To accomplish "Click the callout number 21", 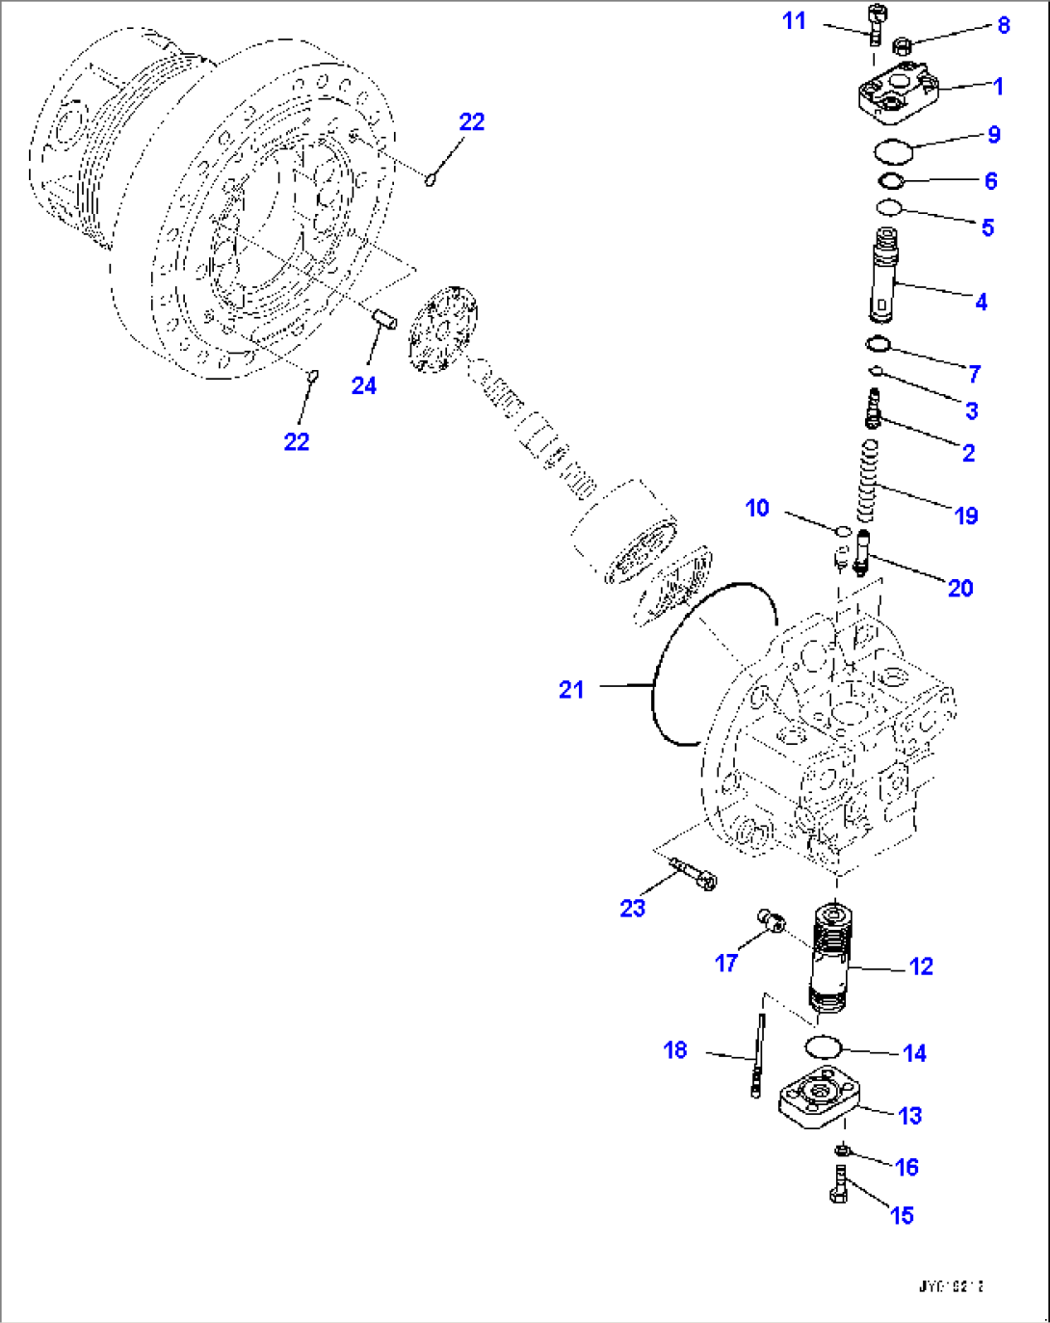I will [571, 689].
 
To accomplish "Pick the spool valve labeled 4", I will [883, 276].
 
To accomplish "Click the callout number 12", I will [921, 966].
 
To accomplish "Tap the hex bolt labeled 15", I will [837, 1184].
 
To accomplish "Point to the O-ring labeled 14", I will [822, 1046].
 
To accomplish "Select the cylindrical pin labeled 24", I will [385, 317].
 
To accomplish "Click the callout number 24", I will [363, 385].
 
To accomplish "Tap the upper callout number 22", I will [471, 121].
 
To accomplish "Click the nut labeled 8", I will [903, 44].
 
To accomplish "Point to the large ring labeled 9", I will [893, 150].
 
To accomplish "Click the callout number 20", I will [960, 588].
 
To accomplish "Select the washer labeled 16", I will [841, 1150].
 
